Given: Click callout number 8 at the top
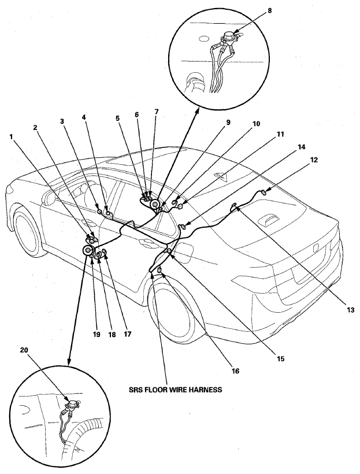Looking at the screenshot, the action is [x=269, y=10].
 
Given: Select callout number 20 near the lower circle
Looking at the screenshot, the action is [x=24, y=350].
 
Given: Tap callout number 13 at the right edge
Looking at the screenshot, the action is [x=350, y=310].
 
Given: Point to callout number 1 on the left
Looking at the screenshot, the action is [x=11, y=136].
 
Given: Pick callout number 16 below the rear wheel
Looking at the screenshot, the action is [x=235, y=371].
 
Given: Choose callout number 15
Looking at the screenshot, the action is [x=280, y=358].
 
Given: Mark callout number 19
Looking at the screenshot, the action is [x=96, y=334].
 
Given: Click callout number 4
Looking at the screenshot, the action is [x=84, y=116].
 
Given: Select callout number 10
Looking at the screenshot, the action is [x=256, y=123].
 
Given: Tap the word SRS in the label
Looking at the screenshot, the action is [x=135, y=390].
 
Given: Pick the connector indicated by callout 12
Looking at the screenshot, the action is [x=263, y=192].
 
